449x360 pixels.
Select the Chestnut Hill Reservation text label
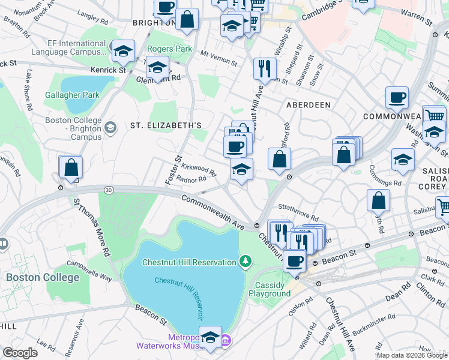[x=189, y=262]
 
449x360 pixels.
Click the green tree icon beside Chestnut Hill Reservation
[x=245, y=261]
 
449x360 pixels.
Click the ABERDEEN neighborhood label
[x=308, y=104]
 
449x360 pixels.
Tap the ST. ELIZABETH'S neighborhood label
[x=166, y=125]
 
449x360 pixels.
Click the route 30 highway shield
[x=108, y=190]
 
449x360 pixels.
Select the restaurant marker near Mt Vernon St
[x=265, y=68]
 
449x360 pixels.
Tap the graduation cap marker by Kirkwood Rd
[x=241, y=170]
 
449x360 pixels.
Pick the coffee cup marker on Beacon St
[x=294, y=260]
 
